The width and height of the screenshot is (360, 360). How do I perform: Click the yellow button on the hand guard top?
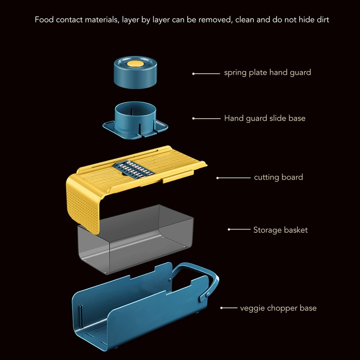[135, 64]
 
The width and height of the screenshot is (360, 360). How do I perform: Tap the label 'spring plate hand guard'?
[267, 72]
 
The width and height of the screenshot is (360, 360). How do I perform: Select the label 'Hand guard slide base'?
[265, 118]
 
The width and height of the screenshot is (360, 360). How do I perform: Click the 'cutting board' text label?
[279, 177]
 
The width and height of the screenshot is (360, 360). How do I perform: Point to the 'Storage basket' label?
[280, 230]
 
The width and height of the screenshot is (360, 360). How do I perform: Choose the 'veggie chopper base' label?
[278, 308]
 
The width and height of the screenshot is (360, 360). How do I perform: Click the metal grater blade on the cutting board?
[132, 170]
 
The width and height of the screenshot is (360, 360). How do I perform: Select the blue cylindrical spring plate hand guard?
[135, 72]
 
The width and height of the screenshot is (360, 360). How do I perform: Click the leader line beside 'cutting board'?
[233, 178]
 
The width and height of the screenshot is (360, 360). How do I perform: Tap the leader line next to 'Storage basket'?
[239, 229]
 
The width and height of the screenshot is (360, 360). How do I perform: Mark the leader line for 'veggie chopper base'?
[229, 308]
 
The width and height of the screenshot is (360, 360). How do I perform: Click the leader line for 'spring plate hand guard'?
[206, 74]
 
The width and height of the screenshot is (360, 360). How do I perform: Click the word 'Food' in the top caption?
[44, 19]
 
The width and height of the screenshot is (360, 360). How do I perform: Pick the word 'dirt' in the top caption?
[323, 19]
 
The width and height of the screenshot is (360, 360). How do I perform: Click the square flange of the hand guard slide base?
[135, 130]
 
